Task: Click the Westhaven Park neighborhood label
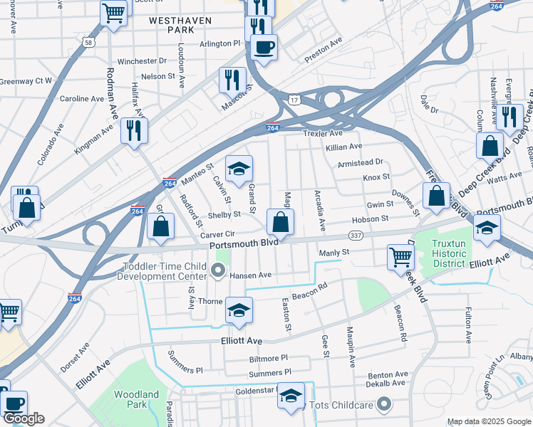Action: click(180, 26)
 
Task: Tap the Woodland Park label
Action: click(136, 400)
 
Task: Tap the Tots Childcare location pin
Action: click(385, 405)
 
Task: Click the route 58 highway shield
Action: click(88, 43)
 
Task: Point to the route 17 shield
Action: click(294, 100)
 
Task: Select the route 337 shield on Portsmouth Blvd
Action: click(356, 236)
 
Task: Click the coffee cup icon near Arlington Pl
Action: click(264, 47)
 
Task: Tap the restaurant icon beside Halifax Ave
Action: click(134, 130)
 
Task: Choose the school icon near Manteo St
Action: click(239, 169)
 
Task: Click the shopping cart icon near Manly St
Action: click(400, 257)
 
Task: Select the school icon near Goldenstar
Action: click(291, 396)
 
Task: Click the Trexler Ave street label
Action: click(322, 133)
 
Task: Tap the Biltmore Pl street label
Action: click(265, 358)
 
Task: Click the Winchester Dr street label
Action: click(142, 61)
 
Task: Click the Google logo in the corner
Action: click(24, 418)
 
